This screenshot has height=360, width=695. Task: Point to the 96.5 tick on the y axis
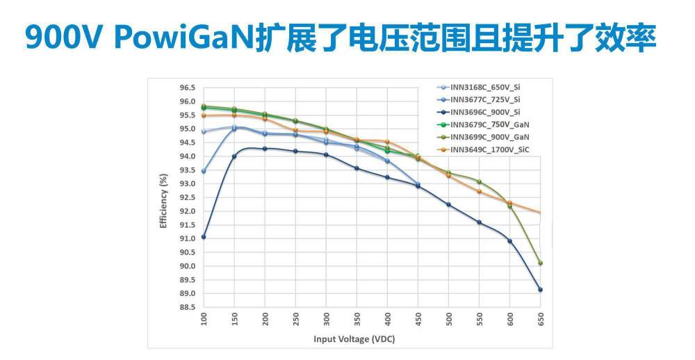(x=186, y=88)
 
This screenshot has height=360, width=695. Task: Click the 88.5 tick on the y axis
(x=186, y=307)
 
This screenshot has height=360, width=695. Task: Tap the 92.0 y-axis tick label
(x=186, y=211)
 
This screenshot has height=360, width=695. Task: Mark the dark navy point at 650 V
(x=540, y=290)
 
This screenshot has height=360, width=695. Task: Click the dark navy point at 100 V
(x=203, y=237)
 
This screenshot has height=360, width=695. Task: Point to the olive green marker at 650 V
(x=540, y=263)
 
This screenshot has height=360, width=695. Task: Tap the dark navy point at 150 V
(x=234, y=156)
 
